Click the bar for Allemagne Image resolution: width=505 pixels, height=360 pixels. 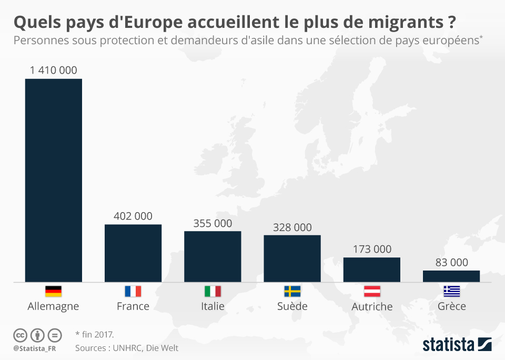(x=54, y=180)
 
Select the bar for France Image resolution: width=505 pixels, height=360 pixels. (x=133, y=253)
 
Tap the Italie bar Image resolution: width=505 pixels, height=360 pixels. (x=213, y=256)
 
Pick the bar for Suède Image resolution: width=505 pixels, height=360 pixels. (x=292, y=258)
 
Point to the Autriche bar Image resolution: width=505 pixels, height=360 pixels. (x=371, y=269)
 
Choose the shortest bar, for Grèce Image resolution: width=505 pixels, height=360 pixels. (x=451, y=276)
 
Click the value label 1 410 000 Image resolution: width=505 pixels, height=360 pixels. (x=54, y=70)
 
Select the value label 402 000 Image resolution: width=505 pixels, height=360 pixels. (x=133, y=216)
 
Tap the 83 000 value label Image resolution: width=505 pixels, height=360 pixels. (x=451, y=262)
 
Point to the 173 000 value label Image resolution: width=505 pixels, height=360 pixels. (x=371, y=249)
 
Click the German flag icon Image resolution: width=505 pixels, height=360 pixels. (x=54, y=291)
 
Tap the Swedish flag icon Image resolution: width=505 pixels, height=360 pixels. (x=292, y=291)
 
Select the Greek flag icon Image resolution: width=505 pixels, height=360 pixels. (x=451, y=291)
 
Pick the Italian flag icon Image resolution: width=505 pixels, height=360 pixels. (x=213, y=291)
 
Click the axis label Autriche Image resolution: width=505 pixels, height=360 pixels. (x=372, y=306)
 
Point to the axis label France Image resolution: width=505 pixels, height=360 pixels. (x=133, y=306)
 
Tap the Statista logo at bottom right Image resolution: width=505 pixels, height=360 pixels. (x=457, y=345)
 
